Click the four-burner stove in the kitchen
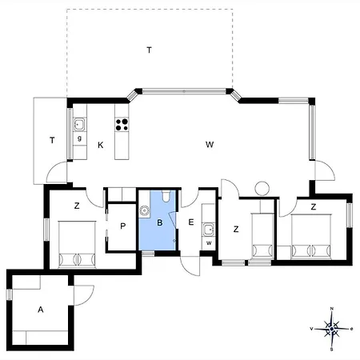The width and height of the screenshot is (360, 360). (x=122, y=125)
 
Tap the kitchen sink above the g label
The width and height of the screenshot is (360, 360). (x=79, y=124)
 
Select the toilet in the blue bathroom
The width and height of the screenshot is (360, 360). (x=166, y=197)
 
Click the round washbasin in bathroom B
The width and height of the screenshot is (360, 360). (x=144, y=210)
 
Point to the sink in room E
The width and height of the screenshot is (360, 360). (x=208, y=230)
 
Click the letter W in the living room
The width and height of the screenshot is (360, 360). (x=210, y=145)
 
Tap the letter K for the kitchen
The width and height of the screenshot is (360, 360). (x=101, y=145)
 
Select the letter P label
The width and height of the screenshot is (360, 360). (x=122, y=226)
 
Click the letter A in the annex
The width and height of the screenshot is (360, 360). (x=41, y=310)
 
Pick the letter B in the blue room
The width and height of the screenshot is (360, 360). (x=160, y=222)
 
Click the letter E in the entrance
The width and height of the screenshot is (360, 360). (x=191, y=222)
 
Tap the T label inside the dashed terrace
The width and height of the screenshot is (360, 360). (x=150, y=50)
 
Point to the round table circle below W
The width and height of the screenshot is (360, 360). (x=262, y=188)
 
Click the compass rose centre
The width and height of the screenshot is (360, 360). (x=331, y=329)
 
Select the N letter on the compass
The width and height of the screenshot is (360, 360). (x=332, y=309)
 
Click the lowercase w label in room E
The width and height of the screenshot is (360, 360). (x=209, y=243)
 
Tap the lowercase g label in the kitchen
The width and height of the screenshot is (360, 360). (x=79, y=138)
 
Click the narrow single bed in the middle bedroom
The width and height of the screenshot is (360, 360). (x=262, y=236)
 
